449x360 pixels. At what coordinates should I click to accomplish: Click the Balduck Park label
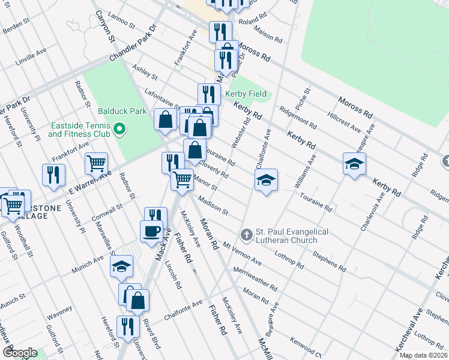click(115, 111)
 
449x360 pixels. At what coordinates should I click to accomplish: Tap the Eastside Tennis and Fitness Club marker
click(119, 128)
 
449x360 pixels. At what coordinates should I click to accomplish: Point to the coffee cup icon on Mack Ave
click(151, 230)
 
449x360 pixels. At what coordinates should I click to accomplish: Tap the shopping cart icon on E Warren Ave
click(96, 163)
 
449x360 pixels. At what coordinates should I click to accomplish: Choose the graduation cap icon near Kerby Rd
click(354, 163)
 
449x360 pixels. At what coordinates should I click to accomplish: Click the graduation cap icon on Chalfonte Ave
click(265, 179)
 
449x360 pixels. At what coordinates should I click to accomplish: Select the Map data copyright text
click(423, 355)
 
